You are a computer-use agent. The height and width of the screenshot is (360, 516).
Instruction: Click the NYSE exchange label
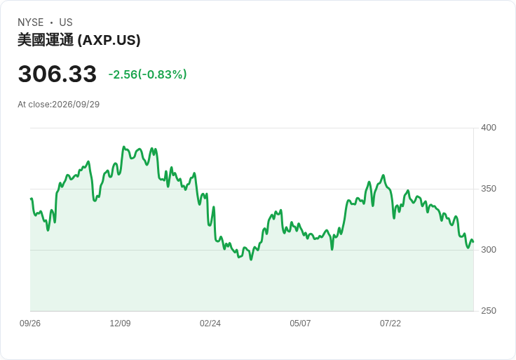(31, 22)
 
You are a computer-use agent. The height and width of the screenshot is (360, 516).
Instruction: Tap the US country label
(66, 22)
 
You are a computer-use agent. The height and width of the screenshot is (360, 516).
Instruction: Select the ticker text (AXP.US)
(109, 40)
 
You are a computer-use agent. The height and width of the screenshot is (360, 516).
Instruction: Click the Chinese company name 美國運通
(46, 40)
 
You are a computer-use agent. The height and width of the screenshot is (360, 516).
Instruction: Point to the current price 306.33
(57, 74)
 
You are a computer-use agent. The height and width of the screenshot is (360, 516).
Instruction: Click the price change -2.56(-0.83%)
(147, 74)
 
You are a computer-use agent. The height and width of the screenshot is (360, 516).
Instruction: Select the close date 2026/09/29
(76, 105)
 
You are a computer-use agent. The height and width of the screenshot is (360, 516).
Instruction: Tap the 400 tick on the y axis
(489, 128)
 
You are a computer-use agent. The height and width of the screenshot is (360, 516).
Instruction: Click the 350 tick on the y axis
(489, 189)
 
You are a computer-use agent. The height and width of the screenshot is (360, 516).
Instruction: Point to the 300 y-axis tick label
(489, 250)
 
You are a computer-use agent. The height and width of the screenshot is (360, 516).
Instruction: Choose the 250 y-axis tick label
(489, 311)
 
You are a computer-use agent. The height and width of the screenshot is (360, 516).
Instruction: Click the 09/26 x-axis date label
(30, 324)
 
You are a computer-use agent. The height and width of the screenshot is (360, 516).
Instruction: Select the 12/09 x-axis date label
(120, 324)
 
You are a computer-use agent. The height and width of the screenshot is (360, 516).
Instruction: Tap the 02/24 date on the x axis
(210, 324)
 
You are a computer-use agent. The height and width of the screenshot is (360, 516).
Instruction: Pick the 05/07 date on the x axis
(300, 324)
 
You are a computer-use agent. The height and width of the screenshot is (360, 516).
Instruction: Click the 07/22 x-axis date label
(391, 324)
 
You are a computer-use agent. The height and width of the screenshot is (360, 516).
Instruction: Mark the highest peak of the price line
(123, 147)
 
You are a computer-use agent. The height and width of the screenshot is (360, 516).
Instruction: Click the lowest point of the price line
(251, 260)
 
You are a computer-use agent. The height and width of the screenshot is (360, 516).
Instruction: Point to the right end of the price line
(473, 242)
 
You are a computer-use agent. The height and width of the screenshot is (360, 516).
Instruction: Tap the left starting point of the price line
(31, 199)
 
